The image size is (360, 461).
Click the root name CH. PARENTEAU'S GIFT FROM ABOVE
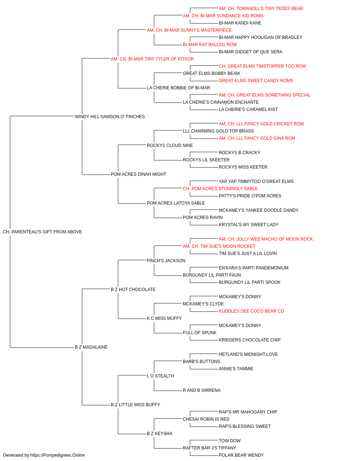pyautogui.click(x=42, y=232)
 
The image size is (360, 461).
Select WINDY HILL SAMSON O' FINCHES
pyautogui.click(x=110, y=117)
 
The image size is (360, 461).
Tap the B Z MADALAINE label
pyautogui.click(x=91, y=347)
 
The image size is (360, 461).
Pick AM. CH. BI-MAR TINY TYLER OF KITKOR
pyautogui.click(x=152, y=59)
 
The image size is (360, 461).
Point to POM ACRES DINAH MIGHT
pyautogui.click(x=139, y=174)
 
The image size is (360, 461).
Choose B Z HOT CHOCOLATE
pyautogui.click(x=133, y=290)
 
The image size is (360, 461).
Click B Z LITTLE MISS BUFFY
pyautogui.click(x=135, y=405)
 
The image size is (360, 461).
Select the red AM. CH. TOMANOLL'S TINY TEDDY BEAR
pyautogui.click(x=261, y=9)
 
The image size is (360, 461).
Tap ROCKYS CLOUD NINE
pyautogui.click(x=170, y=146)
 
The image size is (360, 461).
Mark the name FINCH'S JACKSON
pyautogui.click(x=166, y=261)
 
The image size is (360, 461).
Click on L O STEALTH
pyautogui.click(x=160, y=376)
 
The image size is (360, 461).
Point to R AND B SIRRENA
pyautogui.click(x=202, y=390)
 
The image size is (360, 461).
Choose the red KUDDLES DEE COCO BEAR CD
pyautogui.click(x=251, y=311)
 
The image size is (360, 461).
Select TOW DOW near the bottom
pyautogui.click(x=230, y=441)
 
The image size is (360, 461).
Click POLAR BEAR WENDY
pyautogui.click(x=241, y=455)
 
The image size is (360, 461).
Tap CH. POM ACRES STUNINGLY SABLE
pyautogui.click(x=220, y=189)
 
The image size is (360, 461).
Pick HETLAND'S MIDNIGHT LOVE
pyautogui.click(x=248, y=354)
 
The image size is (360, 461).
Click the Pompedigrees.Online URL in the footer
pyautogui.click(x=57, y=455)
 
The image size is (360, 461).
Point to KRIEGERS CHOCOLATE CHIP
pyautogui.click(x=249, y=340)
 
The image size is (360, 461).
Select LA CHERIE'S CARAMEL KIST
pyautogui.click(x=248, y=109)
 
